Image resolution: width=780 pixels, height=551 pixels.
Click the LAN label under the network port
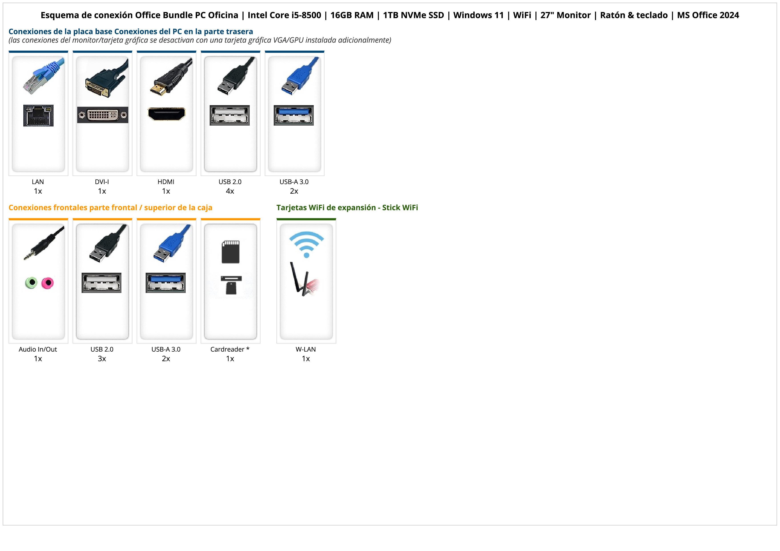38,182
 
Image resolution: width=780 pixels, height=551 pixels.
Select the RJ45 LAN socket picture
38,115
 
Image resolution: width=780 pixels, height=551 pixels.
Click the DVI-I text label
102,182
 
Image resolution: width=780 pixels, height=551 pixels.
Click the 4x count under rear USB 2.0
230,191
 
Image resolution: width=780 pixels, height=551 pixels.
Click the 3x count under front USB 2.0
102,359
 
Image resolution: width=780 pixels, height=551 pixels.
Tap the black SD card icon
230,252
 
